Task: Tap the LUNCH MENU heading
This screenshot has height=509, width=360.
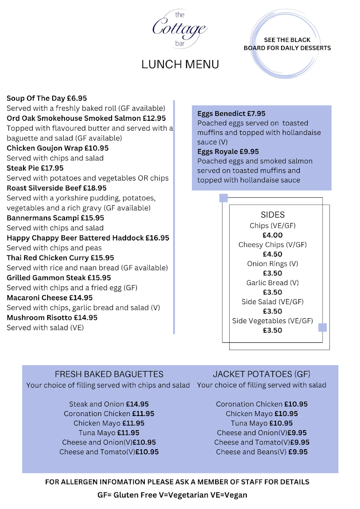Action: coord(180,64)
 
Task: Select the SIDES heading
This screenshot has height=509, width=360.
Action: coord(273,215)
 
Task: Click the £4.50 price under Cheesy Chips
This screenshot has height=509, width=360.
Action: coord(273,254)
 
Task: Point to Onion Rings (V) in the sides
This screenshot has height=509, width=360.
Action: coord(273,264)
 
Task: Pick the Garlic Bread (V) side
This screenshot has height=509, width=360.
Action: coord(273,283)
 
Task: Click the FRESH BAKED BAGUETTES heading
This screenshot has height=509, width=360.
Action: coord(109,374)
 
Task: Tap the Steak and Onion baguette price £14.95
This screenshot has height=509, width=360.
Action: coord(138,404)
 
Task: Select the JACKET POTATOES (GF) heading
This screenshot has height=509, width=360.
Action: coord(262,374)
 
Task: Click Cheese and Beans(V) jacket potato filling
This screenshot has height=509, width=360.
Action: coord(251,452)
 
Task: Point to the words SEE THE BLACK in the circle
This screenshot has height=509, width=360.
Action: coord(287,40)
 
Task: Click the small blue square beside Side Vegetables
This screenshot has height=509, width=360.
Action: coord(323,327)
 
